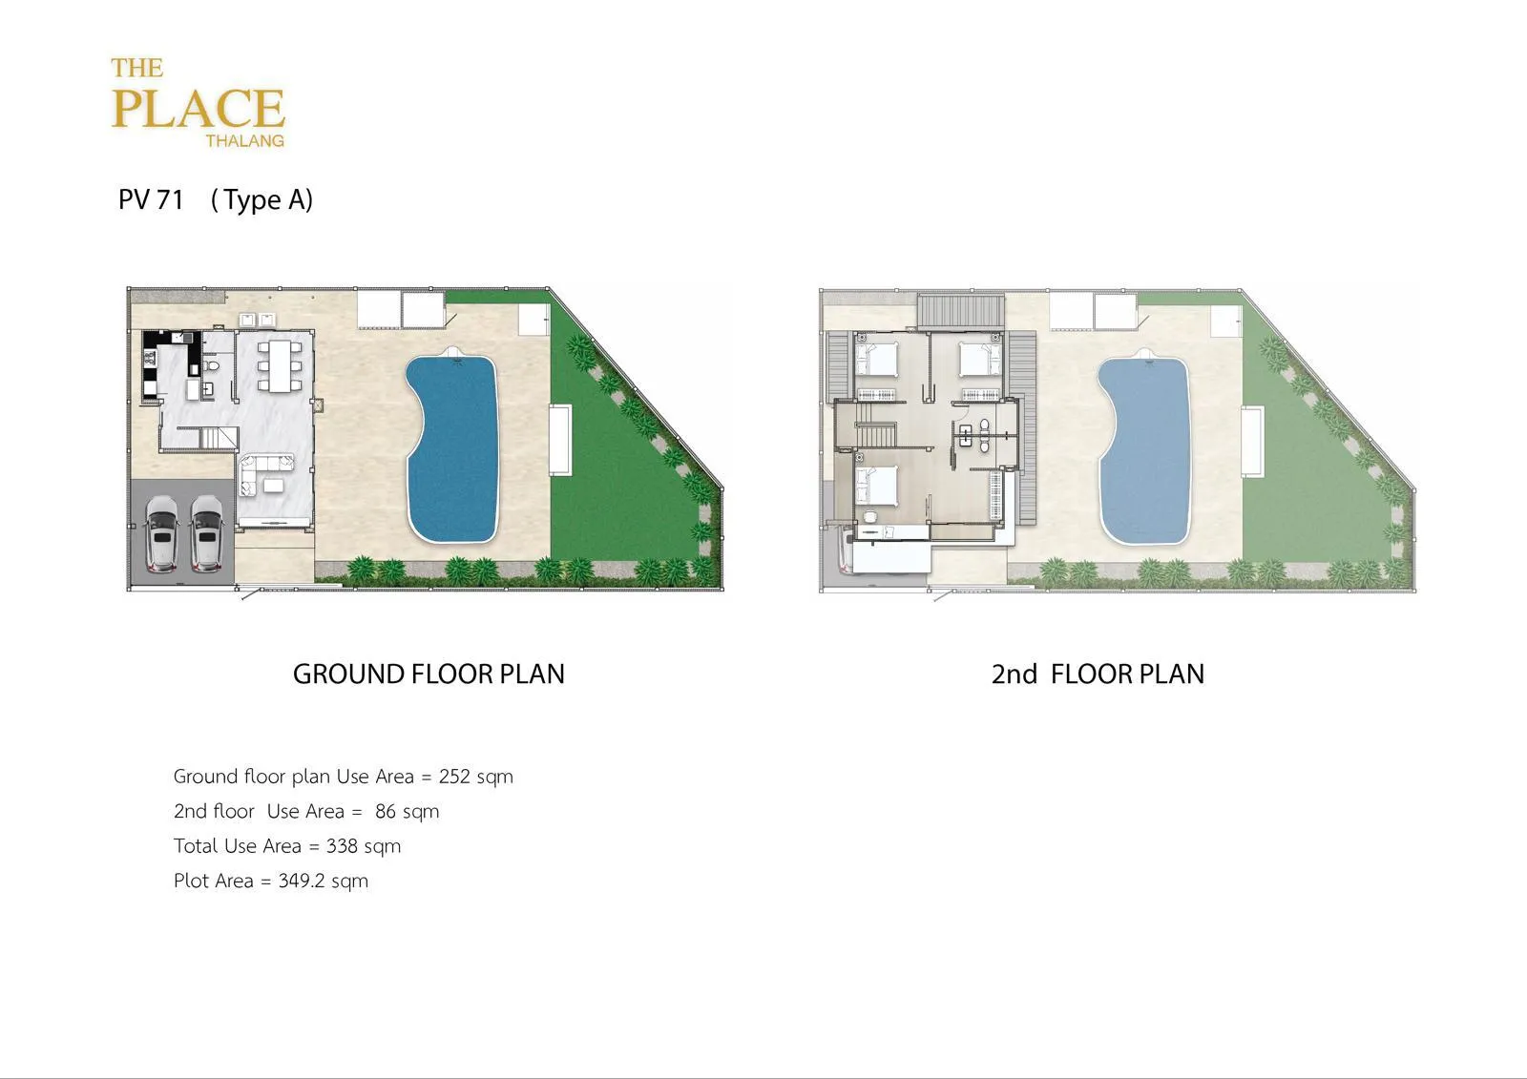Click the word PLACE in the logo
198,109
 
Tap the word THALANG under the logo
244,141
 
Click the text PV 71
151,199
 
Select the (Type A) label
261,200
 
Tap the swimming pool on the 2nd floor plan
1144,450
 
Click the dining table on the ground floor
280,366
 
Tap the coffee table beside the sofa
274,486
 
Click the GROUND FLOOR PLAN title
429,674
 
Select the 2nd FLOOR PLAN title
1098,674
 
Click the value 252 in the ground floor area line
454,777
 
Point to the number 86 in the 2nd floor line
386,811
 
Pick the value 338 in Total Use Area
342,846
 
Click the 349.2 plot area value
302,881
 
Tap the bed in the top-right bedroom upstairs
979,359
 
